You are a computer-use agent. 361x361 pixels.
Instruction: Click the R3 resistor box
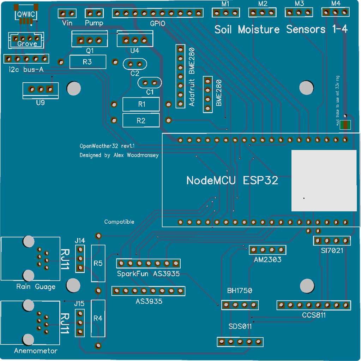point(88,62)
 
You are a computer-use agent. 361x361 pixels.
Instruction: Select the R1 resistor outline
point(141,104)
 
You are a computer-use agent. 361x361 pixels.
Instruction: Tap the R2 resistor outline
point(141,120)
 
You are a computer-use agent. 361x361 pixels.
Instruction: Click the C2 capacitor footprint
point(135,64)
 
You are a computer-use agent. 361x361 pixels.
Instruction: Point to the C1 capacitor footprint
point(150,83)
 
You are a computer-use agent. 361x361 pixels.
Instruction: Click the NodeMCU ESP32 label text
point(232,180)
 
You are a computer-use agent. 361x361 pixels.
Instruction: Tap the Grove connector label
point(27,43)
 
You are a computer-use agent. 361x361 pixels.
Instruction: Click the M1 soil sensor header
point(226,13)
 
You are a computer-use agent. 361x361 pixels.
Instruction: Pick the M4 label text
point(336,4)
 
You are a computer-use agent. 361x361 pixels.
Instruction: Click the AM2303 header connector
point(267,250)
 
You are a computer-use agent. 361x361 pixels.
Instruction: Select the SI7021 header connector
point(332,241)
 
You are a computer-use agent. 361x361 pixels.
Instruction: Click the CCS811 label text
point(314,315)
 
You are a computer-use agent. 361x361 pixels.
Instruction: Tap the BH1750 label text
point(240,291)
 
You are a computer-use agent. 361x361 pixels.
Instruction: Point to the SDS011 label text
point(240,326)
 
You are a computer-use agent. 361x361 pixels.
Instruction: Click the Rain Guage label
point(36,286)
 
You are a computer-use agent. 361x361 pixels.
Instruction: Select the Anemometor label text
point(36,351)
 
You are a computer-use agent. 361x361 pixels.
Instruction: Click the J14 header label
point(80,241)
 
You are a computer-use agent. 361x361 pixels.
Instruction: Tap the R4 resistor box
point(98,318)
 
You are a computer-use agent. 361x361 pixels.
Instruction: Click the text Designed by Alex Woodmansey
point(119,155)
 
